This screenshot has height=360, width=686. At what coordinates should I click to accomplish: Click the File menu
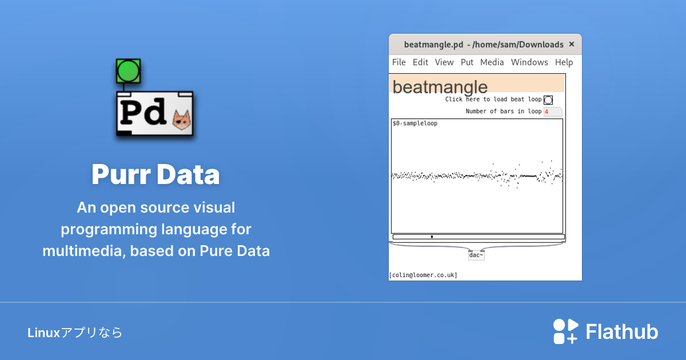pyautogui.click(x=399, y=62)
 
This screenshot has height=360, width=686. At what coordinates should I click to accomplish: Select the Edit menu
pyautogui.click(x=420, y=62)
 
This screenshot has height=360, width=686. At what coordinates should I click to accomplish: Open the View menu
pyautogui.click(x=444, y=62)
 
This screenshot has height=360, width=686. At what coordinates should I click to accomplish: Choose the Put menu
pyautogui.click(x=467, y=62)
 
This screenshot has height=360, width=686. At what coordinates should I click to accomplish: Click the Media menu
pyautogui.click(x=492, y=62)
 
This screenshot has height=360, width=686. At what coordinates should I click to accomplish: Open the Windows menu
pyautogui.click(x=529, y=62)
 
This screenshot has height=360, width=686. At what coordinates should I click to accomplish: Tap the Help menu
pyautogui.click(x=564, y=62)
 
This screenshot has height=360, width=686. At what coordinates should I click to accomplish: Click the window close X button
pyautogui.click(x=572, y=44)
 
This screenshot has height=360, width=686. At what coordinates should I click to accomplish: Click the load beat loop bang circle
pyautogui.click(x=548, y=100)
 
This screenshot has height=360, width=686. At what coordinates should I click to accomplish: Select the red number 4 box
pyautogui.click(x=553, y=112)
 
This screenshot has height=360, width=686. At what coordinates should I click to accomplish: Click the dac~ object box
pyautogui.click(x=476, y=255)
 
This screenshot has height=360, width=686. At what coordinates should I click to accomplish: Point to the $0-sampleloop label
pyautogui.click(x=415, y=123)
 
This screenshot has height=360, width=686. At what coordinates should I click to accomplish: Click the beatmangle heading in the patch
pyautogui.click(x=440, y=87)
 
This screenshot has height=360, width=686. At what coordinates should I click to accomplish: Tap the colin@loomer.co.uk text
pyautogui.click(x=423, y=275)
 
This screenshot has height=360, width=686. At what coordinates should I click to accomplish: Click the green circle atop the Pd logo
pyautogui.click(x=128, y=71)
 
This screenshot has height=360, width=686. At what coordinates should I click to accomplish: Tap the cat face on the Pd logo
pyautogui.click(x=182, y=119)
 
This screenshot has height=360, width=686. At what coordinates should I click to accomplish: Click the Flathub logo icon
pyautogui.click(x=565, y=331)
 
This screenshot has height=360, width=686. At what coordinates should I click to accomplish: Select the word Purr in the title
pyautogui.click(x=121, y=174)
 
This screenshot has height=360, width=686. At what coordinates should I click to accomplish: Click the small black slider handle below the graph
pyautogui.click(x=432, y=237)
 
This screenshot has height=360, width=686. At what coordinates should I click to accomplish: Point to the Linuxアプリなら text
pyautogui.click(x=75, y=333)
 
